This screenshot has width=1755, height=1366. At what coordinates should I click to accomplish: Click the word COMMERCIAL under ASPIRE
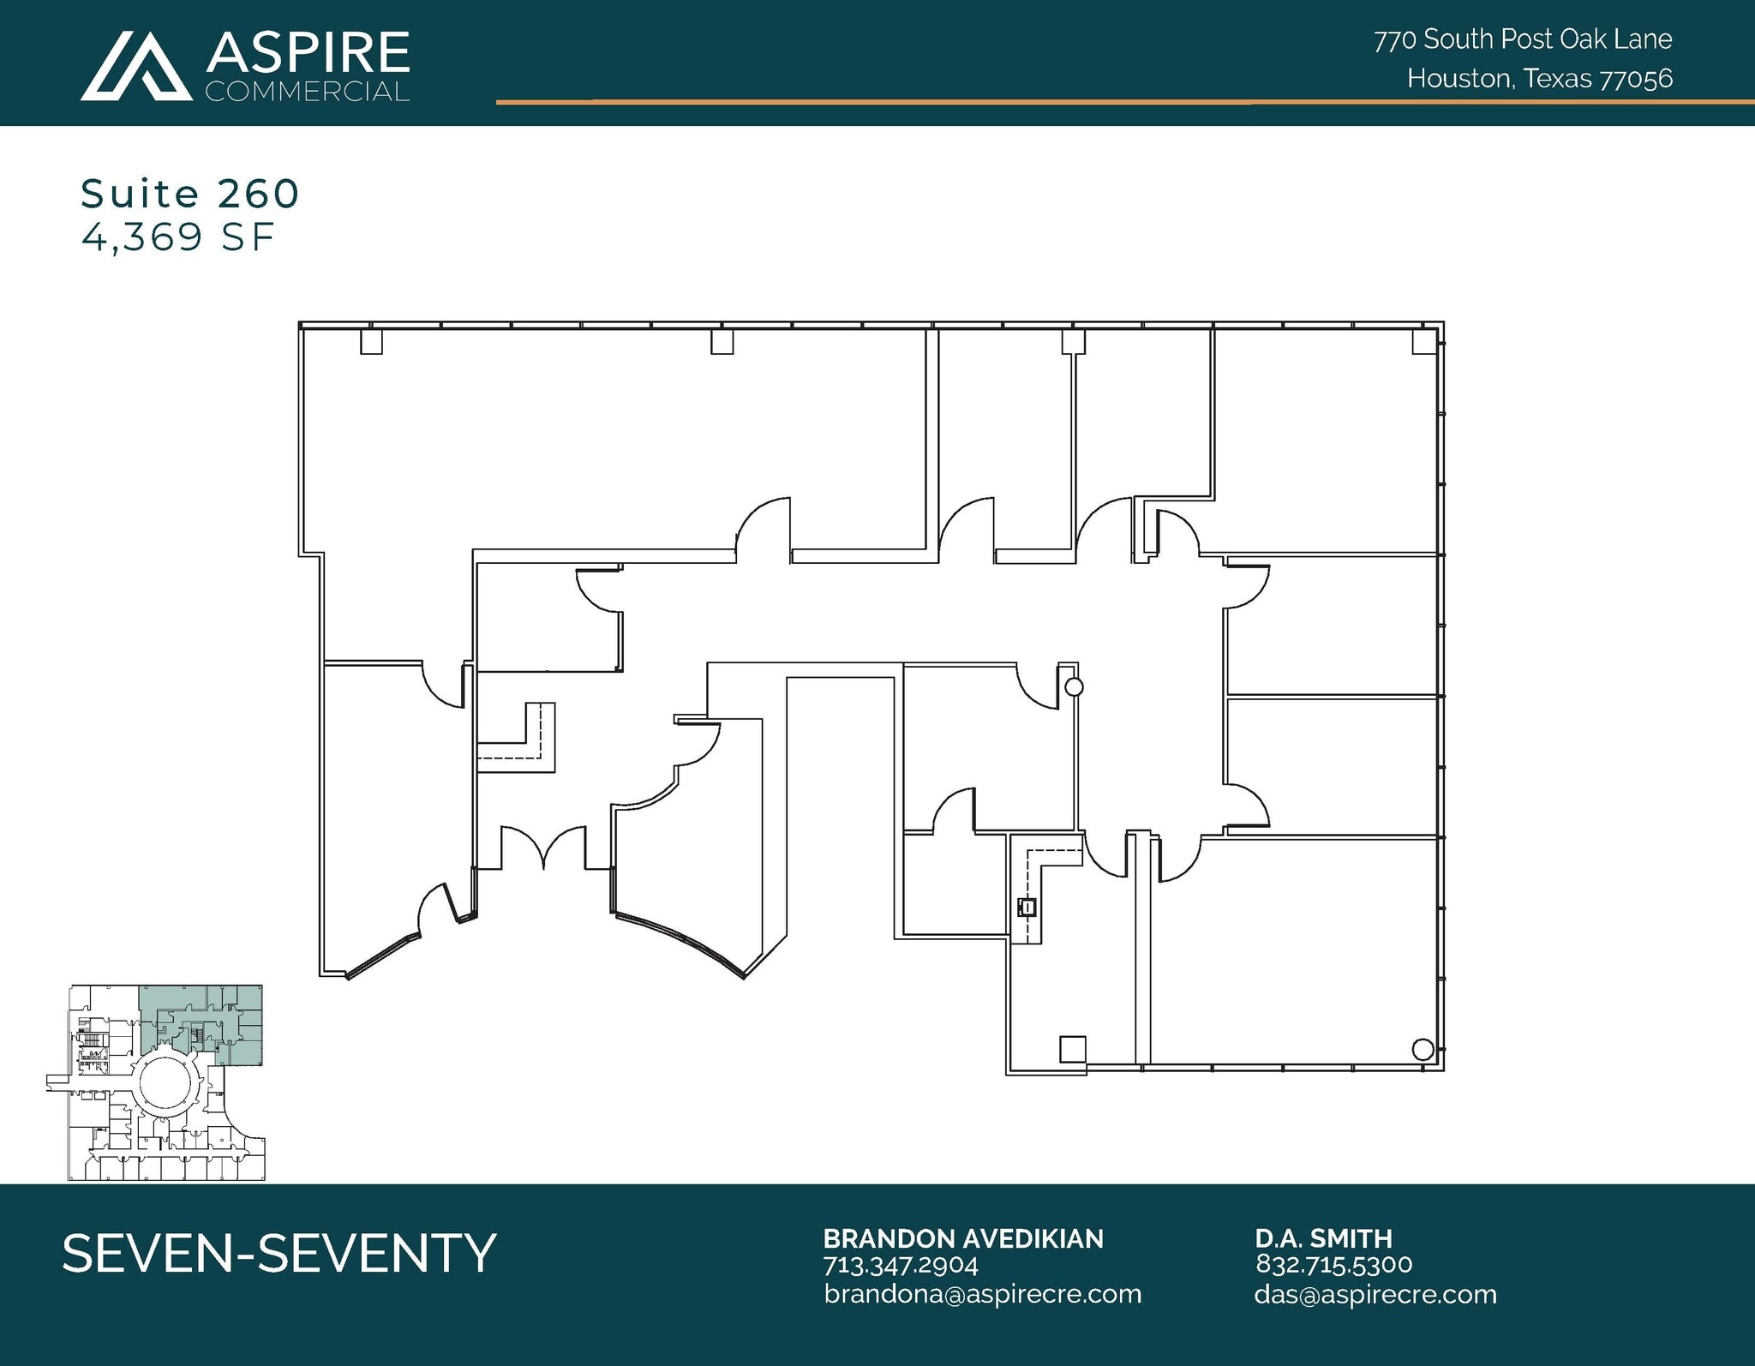(307, 92)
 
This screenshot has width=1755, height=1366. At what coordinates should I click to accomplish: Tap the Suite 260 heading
(189, 194)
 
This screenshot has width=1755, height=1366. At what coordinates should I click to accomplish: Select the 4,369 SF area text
(177, 237)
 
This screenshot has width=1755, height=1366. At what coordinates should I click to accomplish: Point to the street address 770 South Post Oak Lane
(1522, 39)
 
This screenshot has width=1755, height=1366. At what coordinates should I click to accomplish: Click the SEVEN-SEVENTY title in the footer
(279, 1253)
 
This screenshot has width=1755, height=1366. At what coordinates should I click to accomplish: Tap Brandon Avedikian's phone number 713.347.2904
(900, 1265)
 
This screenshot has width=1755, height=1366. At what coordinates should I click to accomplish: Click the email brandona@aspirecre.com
(982, 1294)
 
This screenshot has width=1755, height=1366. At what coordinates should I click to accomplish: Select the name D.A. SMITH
(1323, 1238)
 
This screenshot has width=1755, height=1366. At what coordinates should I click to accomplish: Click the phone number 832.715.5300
(1333, 1264)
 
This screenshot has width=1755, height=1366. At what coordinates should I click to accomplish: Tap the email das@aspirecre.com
(1375, 1294)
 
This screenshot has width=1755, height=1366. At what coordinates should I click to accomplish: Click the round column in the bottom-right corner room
(1422, 1048)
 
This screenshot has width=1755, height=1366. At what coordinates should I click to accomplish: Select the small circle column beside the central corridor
(1073, 687)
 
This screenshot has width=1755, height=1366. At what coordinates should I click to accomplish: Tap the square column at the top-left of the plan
(371, 343)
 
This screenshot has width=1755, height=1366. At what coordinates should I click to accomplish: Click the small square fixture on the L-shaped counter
(1027, 907)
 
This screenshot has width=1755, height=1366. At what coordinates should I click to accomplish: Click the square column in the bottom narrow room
(1072, 1049)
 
